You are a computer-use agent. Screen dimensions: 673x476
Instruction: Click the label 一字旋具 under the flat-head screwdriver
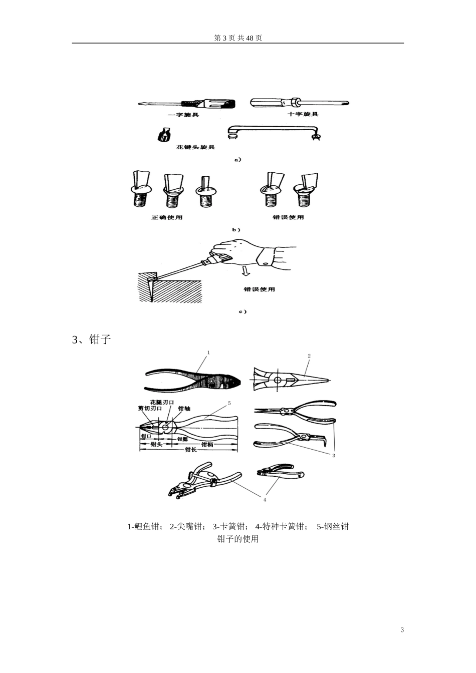point(183,115)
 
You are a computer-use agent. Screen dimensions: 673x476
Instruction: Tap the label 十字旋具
point(303,114)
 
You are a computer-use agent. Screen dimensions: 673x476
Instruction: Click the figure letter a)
point(237,160)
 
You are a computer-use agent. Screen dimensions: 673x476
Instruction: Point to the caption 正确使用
point(167,217)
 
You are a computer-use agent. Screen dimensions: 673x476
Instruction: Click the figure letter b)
point(236,229)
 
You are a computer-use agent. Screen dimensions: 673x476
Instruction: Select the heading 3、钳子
point(91,340)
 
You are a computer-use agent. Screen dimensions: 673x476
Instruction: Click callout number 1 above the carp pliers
point(208,353)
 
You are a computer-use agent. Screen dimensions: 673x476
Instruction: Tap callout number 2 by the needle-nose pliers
point(309,356)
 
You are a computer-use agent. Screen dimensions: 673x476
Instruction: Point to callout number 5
point(229,403)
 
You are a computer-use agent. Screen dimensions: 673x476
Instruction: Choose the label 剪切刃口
point(150,409)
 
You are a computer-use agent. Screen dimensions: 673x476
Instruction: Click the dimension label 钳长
point(190,450)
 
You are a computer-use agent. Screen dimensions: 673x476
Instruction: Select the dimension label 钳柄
point(206,444)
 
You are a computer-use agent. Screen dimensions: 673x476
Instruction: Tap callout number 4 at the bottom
point(265,499)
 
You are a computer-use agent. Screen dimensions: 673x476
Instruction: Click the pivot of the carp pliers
point(212,382)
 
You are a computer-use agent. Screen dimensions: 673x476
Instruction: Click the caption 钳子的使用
point(237,539)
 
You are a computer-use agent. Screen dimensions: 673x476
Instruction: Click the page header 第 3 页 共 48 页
point(237,39)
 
